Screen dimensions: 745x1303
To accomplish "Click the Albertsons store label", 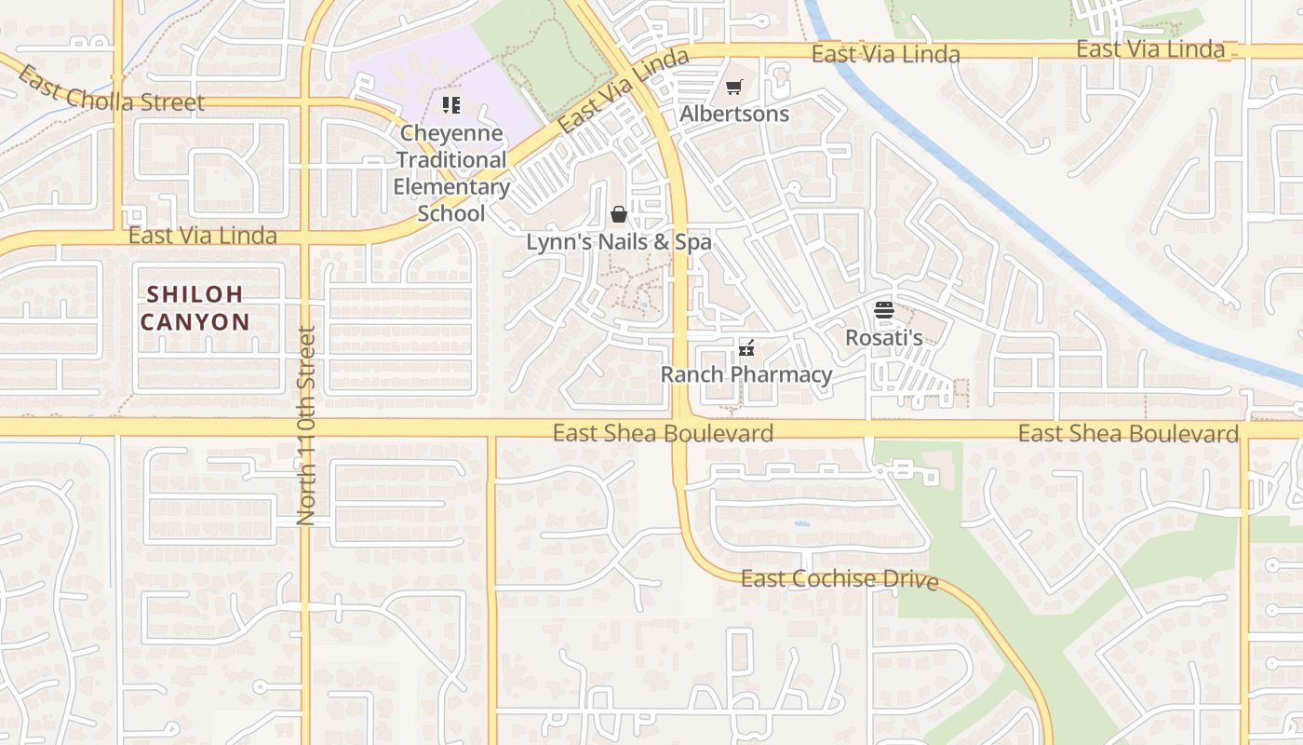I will click(734, 115).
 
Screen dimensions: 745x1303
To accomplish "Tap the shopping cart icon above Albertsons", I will click(734, 88).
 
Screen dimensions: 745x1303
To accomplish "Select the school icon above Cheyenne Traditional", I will click(451, 104).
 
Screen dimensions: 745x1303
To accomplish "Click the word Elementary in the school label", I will click(451, 187).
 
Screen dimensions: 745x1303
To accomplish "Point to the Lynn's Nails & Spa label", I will click(619, 242).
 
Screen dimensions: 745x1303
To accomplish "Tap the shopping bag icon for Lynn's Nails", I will click(619, 215).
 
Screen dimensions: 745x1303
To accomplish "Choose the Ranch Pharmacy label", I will click(746, 375).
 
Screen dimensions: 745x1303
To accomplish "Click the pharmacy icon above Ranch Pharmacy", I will click(746, 348).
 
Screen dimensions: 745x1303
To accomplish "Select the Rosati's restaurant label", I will click(884, 338).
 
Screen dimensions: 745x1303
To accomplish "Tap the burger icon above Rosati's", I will click(884, 310).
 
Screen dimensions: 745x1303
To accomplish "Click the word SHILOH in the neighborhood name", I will click(195, 294).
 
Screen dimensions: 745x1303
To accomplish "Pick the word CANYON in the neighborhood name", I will click(195, 323).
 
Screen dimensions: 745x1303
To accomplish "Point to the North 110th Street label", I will click(306, 426).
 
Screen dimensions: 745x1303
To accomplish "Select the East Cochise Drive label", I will click(839, 579).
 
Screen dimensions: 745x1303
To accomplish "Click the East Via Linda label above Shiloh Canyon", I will click(203, 236).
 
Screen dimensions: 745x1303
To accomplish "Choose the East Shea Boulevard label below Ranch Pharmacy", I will click(663, 433).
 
